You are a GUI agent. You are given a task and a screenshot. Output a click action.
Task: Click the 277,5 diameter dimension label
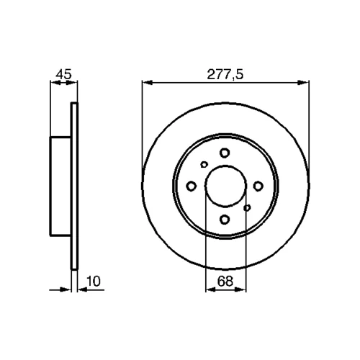point(225,74)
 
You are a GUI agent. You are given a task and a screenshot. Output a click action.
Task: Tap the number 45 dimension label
point(63,74)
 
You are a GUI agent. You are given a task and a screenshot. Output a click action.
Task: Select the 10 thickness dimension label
point(93,281)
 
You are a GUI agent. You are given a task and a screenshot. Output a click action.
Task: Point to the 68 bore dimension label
point(225,281)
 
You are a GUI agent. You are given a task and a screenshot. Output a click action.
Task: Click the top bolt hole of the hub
point(225,153)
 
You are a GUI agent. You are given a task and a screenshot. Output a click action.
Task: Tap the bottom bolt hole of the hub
point(225,219)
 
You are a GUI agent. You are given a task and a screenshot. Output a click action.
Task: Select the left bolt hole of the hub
point(192,186)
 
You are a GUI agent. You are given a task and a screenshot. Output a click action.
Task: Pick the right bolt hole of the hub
point(258,186)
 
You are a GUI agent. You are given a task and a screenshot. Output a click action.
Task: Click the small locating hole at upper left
point(204,164)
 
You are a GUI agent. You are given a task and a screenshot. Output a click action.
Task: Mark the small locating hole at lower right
point(247,207)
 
